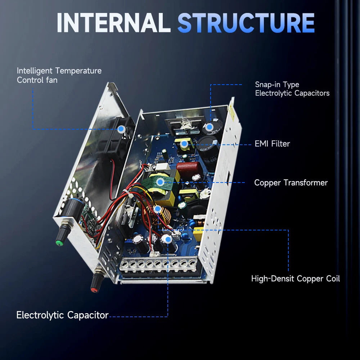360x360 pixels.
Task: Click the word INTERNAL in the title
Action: pyautogui.click(x=113, y=23)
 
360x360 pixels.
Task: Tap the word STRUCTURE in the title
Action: pyautogui.click(x=246, y=23)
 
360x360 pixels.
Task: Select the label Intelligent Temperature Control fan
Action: pyautogui.click(x=59, y=75)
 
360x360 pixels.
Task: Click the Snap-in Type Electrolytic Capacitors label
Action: pyautogui.click(x=292, y=89)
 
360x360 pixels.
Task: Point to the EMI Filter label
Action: pyautogui.click(x=272, y=144)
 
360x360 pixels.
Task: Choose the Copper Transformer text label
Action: pyautogui.click(x=291, y=183)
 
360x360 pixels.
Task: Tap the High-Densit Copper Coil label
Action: pyautogui.click(x=295, y=278)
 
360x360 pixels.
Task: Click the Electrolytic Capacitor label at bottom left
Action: pyautogui.click(x=62, y=315)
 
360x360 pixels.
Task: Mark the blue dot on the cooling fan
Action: pyautogui.click(x=121, y=129)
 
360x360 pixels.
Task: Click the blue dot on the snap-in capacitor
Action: pyautogui.click(x=210, y=127)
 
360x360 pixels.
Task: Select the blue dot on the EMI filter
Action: pyautogui.click(x=184, y=144)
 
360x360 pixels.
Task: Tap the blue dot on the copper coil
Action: pyautogui.click(x=157, y=209)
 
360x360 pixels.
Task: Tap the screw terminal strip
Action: pyautogui.click(x=158, y=265)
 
